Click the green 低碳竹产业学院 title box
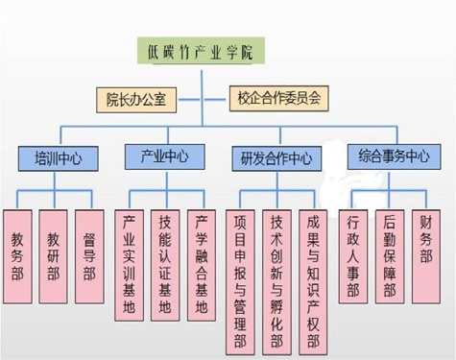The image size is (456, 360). pyautogui.click(x=201, y=51)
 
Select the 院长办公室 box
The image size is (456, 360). pyautogui.click(x=136, y=100)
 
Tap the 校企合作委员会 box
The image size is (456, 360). pyautogui.click(x=279, y=99)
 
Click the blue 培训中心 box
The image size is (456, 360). pyautogui.click(x=58, y=158)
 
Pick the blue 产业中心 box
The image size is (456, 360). pyautogui.click(x=165, y=156)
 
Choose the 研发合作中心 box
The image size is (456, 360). pyautogui.click(x=276, y=158)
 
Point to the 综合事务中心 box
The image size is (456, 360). pyautogui.click(x=395, y=156)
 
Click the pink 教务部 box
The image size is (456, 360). pyautogui.click(x=17, y=256)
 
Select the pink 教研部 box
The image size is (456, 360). pyautogui.click(x=54, y=256)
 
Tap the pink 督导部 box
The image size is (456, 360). pyautogui.click(x=89, y=256)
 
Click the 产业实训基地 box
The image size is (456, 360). pyautogui.click(x=129, y=265)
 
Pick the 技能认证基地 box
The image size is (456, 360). pyautogui.click(x=165, y=265)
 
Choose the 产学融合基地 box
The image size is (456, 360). pyautogui.click(x=202, y=265)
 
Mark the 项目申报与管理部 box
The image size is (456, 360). pyautogui.click(x=240, y=282)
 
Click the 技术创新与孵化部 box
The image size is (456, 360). pyautogui.click(x=276, y=282)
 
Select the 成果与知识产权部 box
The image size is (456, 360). pyautogui.click(x=313, y=282)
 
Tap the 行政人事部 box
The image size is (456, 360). pyautogui.click(x=353, y=256)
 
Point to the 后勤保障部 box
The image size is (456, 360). pyautogui.click(x=390, y=256)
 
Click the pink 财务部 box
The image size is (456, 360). pyautogui.click(x=426, y=256)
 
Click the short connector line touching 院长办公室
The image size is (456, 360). pyautogui.click(x=189, y=100)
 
